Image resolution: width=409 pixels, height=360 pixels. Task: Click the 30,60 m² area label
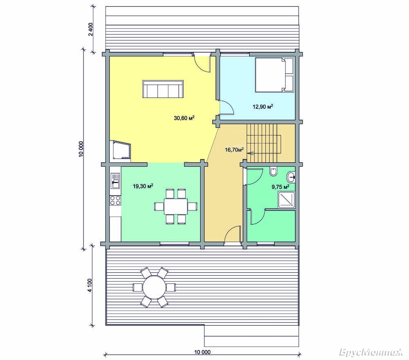click(184, 118)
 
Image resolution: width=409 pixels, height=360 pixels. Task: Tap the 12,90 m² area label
click(263, 106)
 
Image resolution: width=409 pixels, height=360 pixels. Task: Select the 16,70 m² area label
click(234, 150)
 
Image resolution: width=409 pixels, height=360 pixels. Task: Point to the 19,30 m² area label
click(143, 186)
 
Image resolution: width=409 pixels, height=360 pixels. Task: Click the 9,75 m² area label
click(281, 187)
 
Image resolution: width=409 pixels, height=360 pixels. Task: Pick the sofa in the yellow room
click(163, 89)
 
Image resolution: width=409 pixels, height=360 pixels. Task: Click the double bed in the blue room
click(274, 75)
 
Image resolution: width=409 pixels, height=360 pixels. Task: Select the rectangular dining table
click(175, 206)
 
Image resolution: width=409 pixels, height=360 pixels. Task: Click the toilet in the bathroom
click(273, 172)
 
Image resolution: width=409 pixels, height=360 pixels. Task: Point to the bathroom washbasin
click(291, 177)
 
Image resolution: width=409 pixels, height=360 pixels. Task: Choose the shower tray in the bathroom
click(287, 200)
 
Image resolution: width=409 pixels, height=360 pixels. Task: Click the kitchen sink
click(115, 181)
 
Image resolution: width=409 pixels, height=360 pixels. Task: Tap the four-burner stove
click(115, 201)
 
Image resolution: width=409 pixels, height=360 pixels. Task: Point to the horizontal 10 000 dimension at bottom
click(202, 354)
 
